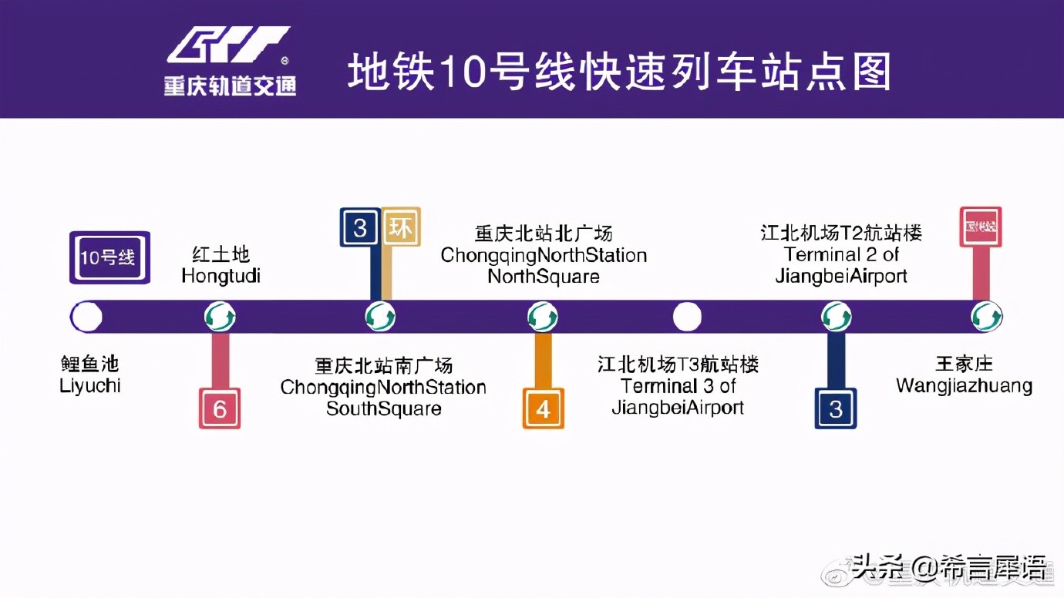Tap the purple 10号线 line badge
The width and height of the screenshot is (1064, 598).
(109, 257)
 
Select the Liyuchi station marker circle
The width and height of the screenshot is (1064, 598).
(86, 317)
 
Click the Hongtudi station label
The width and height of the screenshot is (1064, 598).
(221, 265)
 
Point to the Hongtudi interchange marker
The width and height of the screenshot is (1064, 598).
(220, 317)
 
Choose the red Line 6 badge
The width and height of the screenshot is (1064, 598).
(220, 408)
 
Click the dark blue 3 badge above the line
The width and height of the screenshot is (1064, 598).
(359, 227)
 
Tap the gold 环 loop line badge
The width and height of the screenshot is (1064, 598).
(401, 227)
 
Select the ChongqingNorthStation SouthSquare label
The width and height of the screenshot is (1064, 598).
(383, 387)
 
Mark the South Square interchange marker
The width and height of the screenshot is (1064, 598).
(380, 317)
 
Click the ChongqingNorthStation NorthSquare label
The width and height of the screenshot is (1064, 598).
(544, 254)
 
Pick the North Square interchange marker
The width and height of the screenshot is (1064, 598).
(543, 317)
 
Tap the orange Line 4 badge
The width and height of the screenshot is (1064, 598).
(544, 408)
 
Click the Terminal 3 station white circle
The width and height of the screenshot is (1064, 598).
(687, 317)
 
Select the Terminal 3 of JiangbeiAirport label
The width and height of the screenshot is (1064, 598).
(678, 386)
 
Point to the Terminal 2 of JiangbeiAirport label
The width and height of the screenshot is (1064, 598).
(841, 254)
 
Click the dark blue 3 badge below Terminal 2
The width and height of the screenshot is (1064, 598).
(836, 408)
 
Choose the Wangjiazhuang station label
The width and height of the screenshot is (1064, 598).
(964, 375)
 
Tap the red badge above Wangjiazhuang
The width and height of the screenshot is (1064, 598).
(980, 227)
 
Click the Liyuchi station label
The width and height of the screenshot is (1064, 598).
(90, 375)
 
